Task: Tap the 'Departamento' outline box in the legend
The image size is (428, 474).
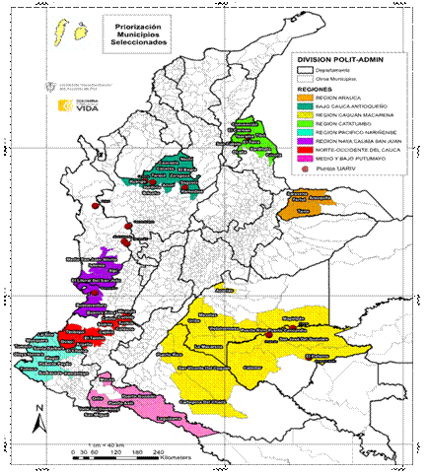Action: click(305, 70)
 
